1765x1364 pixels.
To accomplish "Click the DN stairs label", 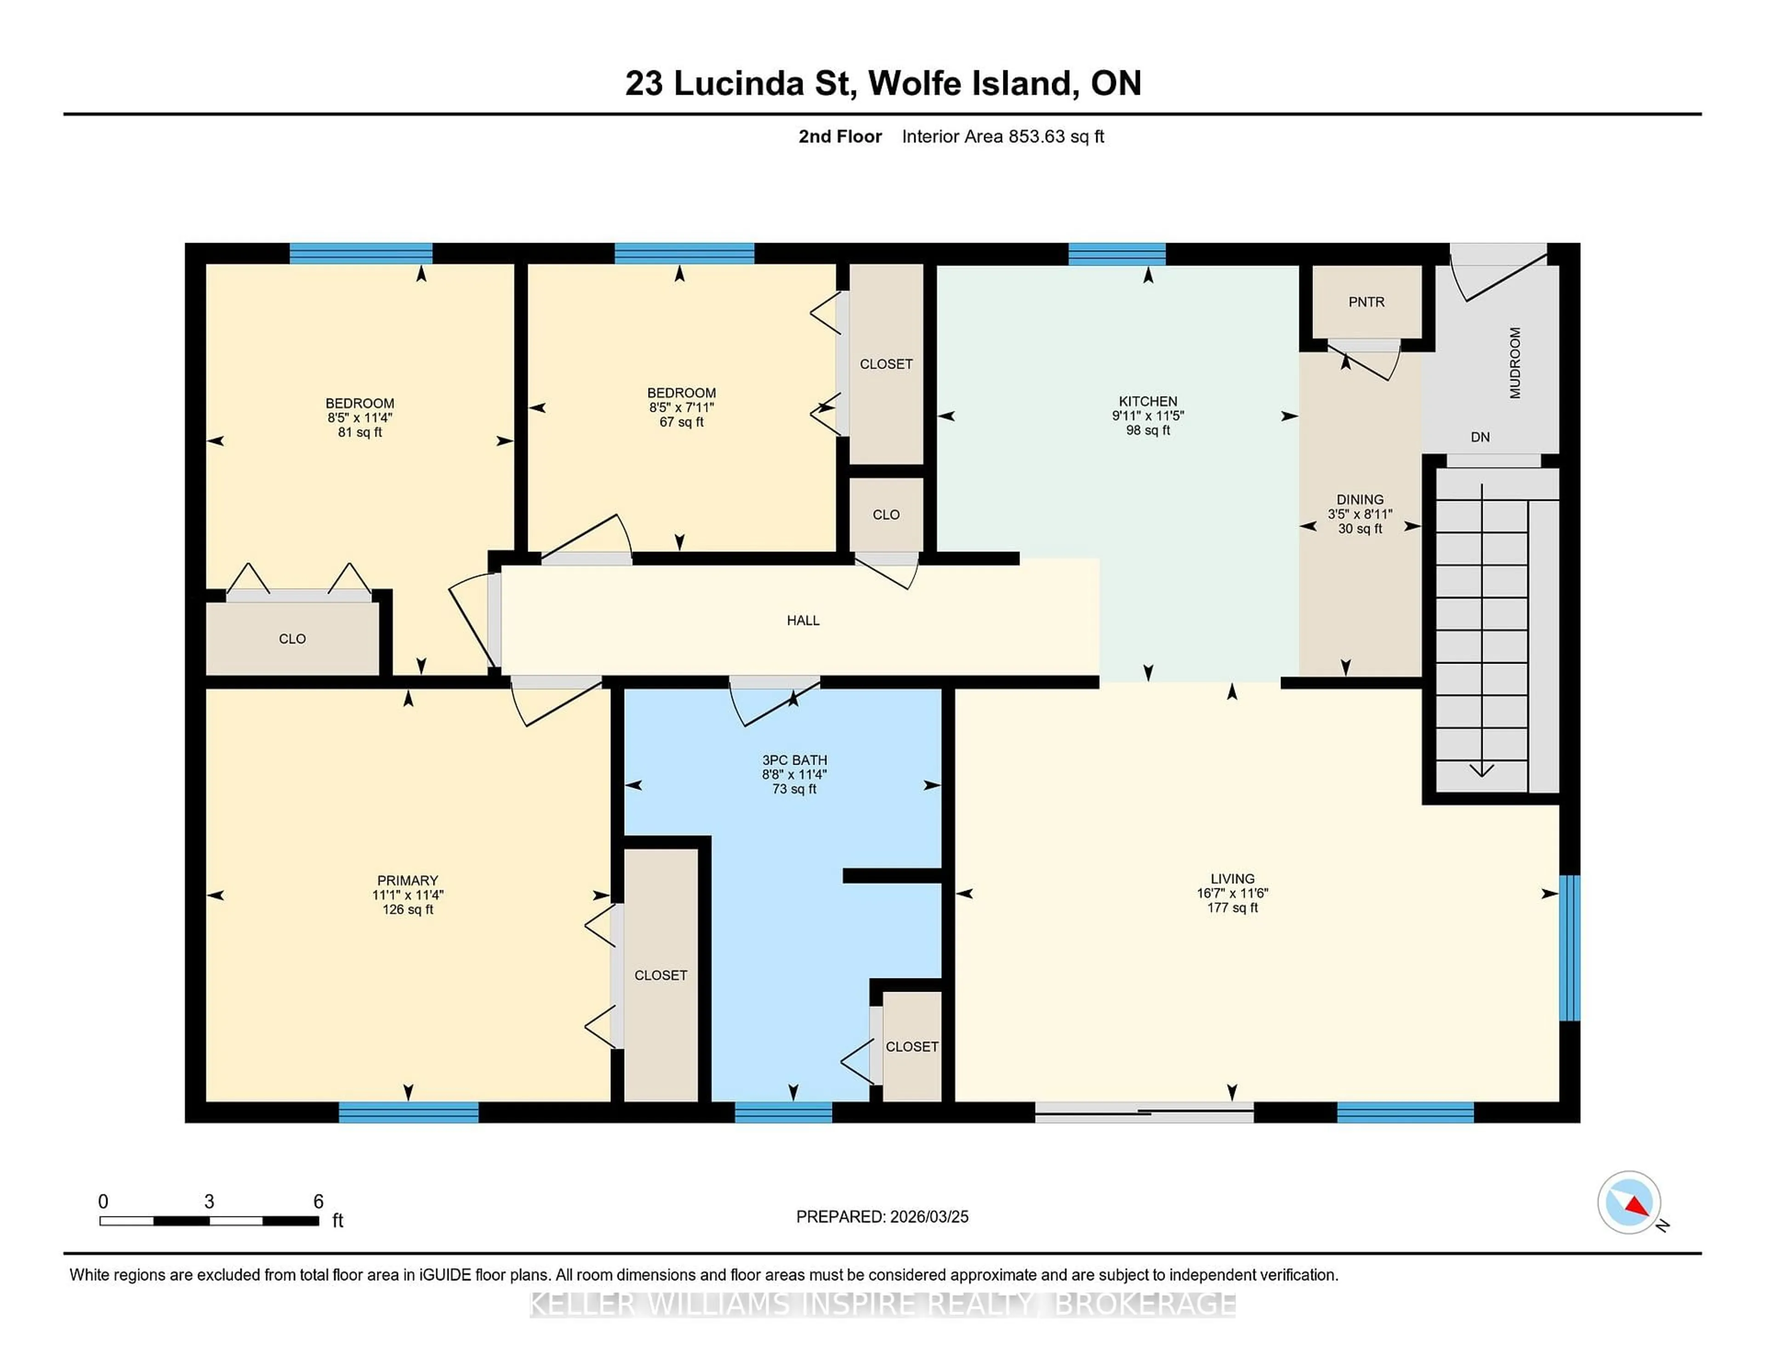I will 1480,437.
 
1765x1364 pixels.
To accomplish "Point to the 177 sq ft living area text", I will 1232,908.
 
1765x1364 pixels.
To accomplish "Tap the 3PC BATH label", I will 794,760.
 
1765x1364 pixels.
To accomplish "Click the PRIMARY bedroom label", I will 407,880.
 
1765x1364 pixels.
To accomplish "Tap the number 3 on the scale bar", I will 209,1202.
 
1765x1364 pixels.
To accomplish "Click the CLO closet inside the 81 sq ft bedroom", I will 292,638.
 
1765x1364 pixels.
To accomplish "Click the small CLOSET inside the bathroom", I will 911,1046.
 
